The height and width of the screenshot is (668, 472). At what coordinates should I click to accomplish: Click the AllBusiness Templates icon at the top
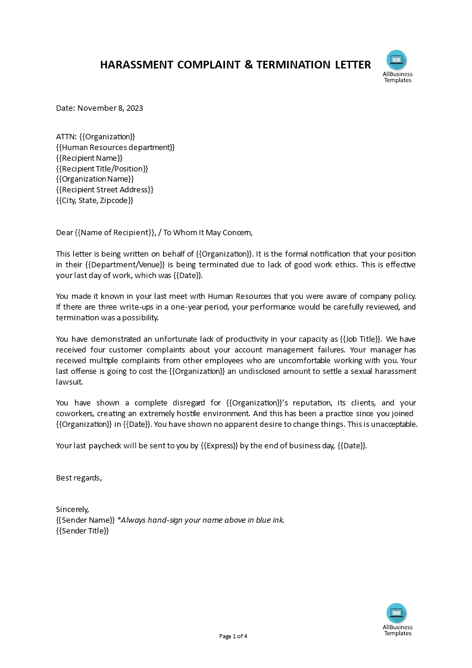point(396,60)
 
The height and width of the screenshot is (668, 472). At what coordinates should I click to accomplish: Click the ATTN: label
point(66,136)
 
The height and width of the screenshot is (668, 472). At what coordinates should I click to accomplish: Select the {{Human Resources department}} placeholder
point(115,147)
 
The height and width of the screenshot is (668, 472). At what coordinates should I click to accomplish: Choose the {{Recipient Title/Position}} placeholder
point(102,168)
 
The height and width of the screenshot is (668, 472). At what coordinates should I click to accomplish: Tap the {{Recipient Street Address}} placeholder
point(105,190)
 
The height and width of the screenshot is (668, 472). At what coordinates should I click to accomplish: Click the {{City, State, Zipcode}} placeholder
point(95,201)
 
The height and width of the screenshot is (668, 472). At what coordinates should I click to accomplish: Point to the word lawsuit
point(70,382)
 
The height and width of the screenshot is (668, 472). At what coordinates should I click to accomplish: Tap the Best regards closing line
point(79,477)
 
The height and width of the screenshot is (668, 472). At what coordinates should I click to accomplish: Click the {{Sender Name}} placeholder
point(85,520)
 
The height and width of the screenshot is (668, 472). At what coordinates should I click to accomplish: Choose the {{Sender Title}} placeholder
point(83,530)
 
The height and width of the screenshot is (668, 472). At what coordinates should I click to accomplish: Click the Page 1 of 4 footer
point(233,636)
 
